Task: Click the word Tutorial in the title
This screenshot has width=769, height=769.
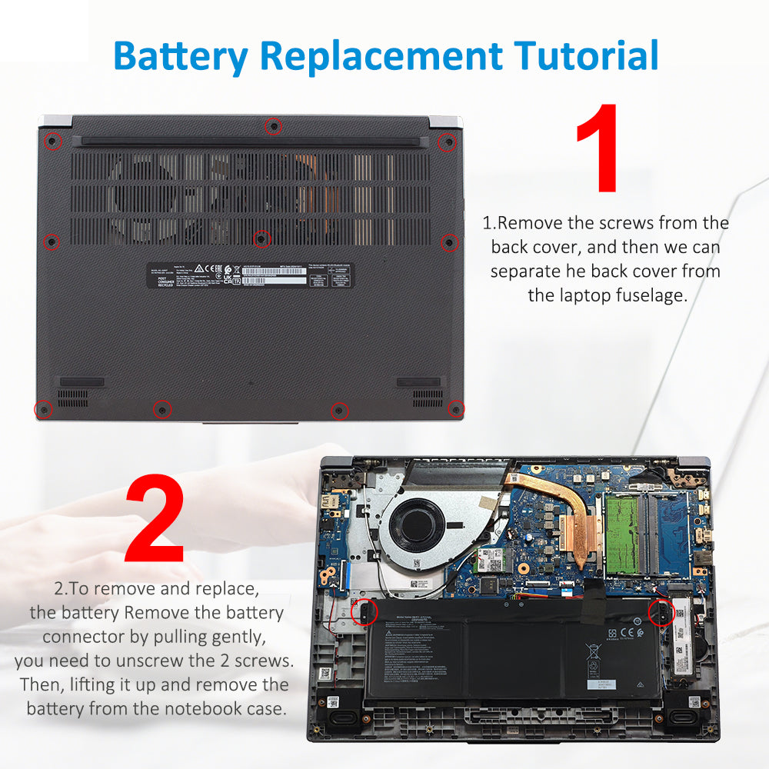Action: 587,55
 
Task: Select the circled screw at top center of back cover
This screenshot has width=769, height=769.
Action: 272,126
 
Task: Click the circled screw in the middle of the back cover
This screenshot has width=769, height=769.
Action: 261,238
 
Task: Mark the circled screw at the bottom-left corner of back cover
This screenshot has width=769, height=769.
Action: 44,409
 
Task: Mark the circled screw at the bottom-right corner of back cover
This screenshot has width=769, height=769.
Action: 457,408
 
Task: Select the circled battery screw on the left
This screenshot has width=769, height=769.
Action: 363,612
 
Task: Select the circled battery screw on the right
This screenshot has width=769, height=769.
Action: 661,613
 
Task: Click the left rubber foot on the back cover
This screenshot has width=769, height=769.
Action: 82,382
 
